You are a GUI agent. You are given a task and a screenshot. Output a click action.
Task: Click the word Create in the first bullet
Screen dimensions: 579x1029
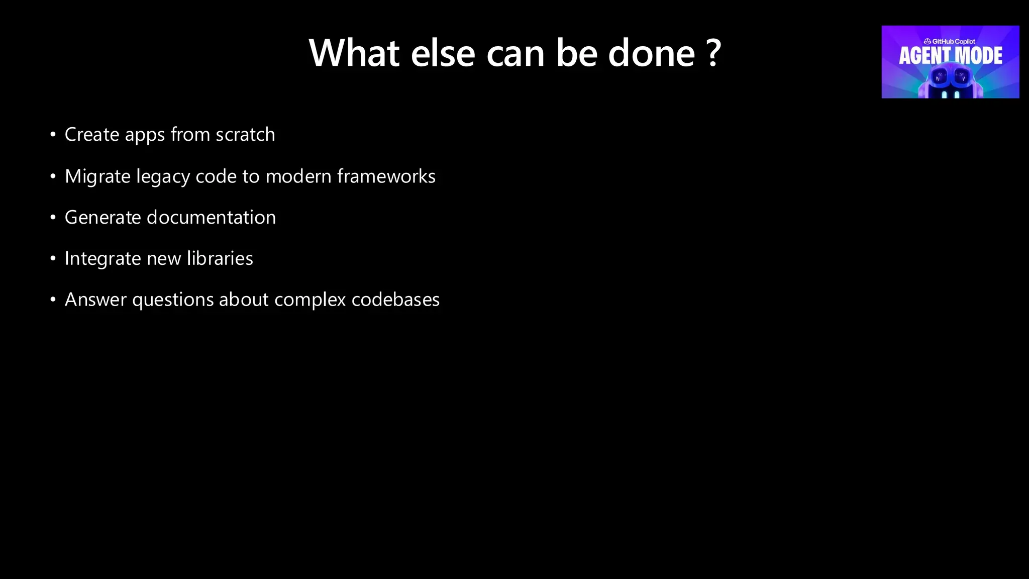(92, 135)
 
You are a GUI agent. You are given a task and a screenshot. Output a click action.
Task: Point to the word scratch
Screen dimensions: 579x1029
(245, 135)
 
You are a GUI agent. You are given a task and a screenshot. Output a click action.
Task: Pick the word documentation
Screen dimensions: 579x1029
(211, 218)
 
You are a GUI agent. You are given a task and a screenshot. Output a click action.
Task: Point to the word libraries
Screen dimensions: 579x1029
(220, 258)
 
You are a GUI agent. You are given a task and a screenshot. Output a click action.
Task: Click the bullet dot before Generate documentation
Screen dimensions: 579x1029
(53, 218)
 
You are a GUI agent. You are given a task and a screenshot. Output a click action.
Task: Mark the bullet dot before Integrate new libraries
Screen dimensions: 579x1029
(53, 259)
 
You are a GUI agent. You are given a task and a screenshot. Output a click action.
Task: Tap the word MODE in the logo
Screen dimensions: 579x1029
(980, 56)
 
